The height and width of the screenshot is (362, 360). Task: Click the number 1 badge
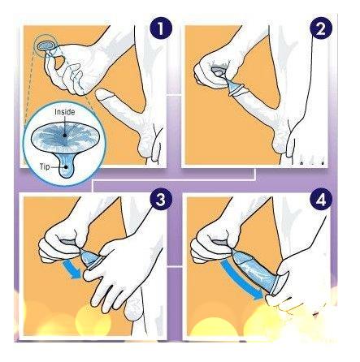[x=161, y=28]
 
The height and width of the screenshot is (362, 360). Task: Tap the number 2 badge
[x=321, y=28]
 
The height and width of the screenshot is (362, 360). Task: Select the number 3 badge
[x=161, y=200]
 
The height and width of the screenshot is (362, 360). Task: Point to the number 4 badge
[x=321, y=200]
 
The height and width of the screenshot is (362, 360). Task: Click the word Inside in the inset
[x=65, y=112]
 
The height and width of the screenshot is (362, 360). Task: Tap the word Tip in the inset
[x=45, y=166]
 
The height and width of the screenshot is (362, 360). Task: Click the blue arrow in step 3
[x=72, y=269]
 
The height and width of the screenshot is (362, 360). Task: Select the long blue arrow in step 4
[x=242, y=279]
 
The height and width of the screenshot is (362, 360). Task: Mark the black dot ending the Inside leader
[x=64, y=136]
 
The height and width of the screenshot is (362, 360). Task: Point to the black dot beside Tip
[x=66, y=167]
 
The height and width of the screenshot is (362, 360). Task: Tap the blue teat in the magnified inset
[x=67, y=167]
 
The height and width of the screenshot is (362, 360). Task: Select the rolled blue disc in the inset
[x=64, y=136]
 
